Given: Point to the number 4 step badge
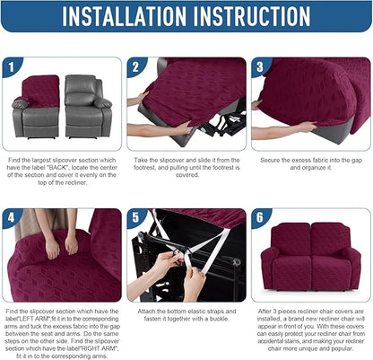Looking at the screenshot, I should pos(12,218).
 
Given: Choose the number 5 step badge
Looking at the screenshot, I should pos(136,218).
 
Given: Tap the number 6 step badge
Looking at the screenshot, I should pos(260,218).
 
